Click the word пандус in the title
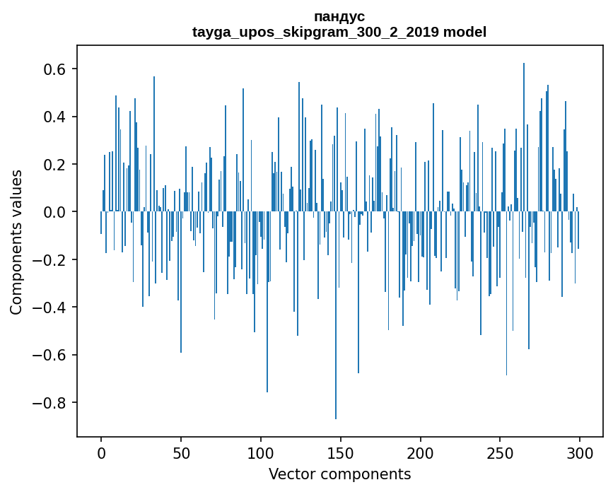pos(339,16)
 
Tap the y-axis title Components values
pos(16,242)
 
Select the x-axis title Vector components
pos(339,474)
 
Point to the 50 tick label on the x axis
pos(181,452)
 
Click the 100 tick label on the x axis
pos(261,452)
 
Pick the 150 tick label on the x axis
pos(340,452)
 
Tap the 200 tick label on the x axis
pos(420,452)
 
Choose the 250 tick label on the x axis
pos(500,452)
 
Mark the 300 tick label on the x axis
pos(579,452)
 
